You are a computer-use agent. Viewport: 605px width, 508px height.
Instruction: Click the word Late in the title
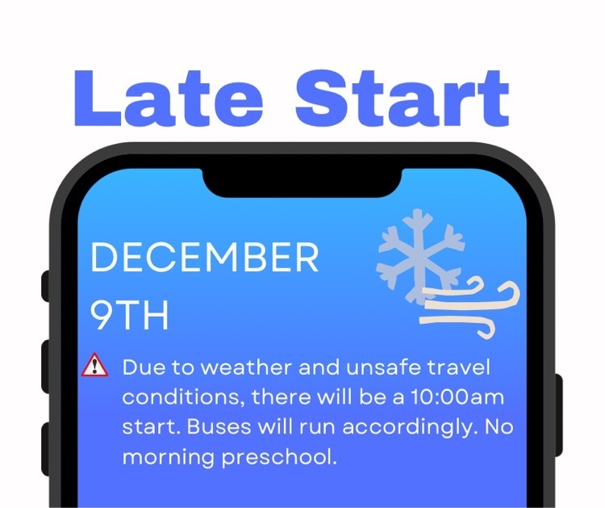(x=169, y=98)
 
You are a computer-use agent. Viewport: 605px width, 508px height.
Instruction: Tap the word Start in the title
(x=403, y=98)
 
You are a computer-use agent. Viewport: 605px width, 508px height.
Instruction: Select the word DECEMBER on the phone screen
(x=205, y=257)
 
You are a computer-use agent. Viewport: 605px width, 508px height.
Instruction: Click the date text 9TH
(x=130, y=315)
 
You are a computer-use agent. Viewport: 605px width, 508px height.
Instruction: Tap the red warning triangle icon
(x=95, y=365)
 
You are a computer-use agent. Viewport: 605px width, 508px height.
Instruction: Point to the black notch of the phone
(x=302, y=182)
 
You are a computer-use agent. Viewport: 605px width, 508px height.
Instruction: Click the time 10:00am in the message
(x=457, y=397)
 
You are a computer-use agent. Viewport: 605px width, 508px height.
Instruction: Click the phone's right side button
(x=559, y=414)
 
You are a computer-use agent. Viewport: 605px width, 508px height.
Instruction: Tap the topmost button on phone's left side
(x=45, y=286)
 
